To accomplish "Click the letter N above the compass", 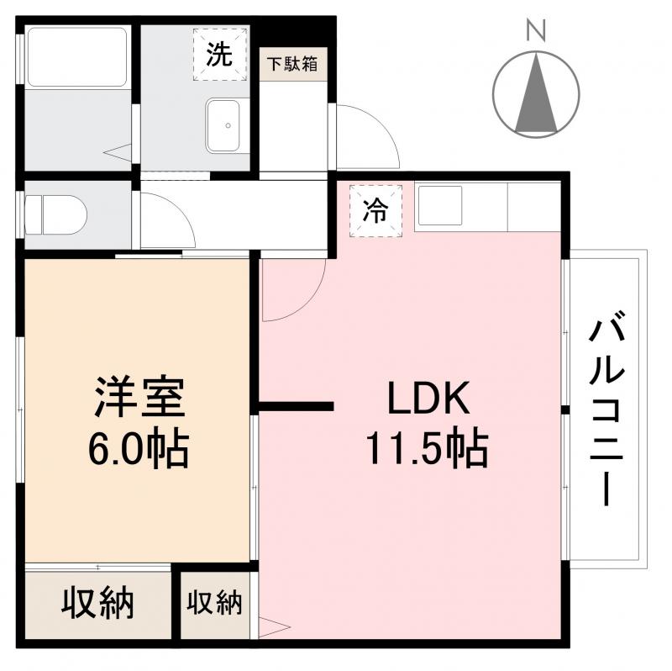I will pos(536,31).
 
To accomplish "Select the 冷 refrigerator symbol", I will pos(375,210).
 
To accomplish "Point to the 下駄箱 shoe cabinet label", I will pos(293,64).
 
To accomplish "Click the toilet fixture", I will pos(56,215).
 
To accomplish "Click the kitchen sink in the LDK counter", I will pos(438,205).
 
